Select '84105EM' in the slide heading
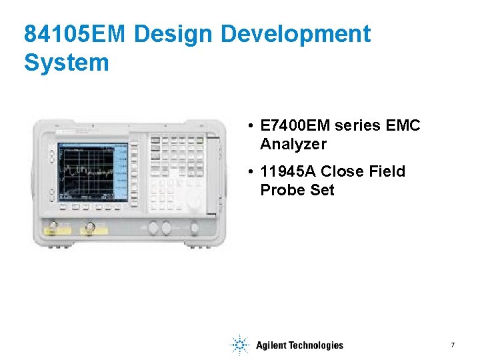73,34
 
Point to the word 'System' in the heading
66,63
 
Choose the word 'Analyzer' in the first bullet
293,144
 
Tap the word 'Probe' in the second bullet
281,190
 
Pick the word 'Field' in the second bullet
387,172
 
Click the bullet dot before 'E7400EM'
248,126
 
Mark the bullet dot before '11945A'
248,172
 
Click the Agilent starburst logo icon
239,345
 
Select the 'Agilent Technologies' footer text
299,345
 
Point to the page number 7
453,345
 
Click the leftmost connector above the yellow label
53,223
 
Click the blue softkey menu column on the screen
121,171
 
